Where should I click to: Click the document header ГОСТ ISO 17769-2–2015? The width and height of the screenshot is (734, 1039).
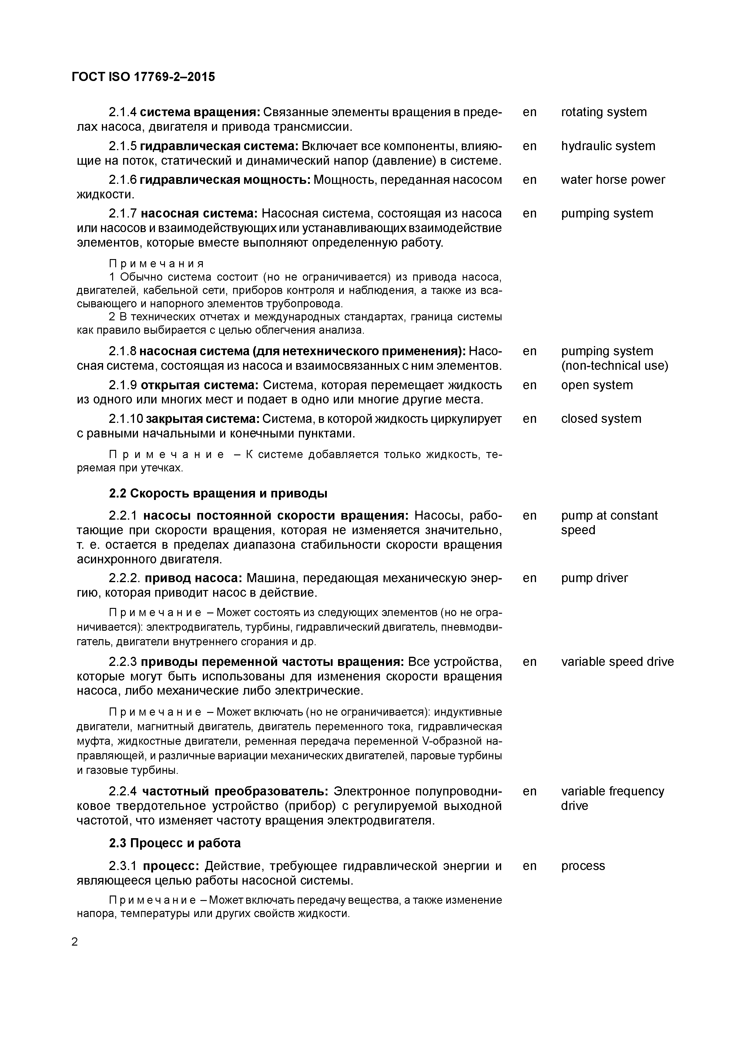(143, 77)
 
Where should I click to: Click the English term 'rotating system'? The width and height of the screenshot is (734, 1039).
(603, 112)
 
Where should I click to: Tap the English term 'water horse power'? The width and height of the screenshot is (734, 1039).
(612, 180)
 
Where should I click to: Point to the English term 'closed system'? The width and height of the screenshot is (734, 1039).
(601, 419)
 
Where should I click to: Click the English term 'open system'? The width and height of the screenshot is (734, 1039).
(597, 385)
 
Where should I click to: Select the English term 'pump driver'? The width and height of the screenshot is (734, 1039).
(594, 578)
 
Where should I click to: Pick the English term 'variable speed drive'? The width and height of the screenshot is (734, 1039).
(617, 662)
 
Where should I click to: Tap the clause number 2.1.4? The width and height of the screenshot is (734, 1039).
(122, 112)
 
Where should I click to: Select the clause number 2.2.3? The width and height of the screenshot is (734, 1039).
(122, 662)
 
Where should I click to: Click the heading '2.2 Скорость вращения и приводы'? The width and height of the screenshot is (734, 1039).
(218, 493)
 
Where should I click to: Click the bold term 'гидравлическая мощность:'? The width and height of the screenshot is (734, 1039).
(225, 180)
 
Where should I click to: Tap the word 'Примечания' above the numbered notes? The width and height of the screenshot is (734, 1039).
(156, 264)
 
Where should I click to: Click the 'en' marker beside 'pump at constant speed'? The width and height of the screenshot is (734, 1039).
(529, 516)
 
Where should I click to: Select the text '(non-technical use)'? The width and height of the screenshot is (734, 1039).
(614, 366)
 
